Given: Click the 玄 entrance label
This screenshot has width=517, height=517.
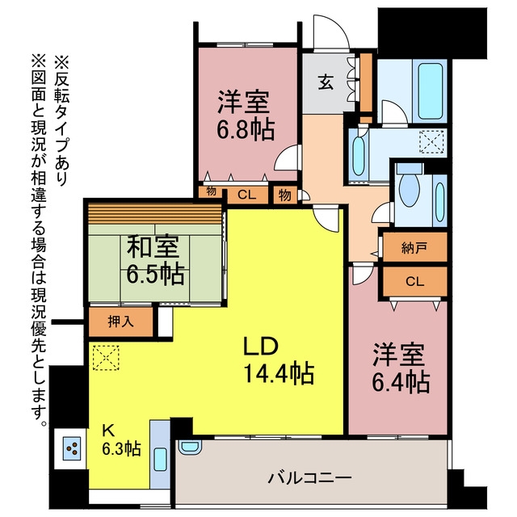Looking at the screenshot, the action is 326,82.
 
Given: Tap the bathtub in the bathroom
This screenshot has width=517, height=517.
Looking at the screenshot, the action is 430,91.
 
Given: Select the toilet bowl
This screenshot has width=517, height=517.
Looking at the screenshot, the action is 410,189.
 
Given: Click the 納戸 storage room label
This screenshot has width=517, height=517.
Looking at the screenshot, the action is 414,247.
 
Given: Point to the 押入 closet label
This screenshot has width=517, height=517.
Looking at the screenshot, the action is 121,322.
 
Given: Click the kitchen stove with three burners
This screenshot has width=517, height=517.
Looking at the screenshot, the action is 72,448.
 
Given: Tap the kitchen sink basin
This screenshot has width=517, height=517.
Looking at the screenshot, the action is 160,460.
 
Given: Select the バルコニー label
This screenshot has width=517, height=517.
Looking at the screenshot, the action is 309,477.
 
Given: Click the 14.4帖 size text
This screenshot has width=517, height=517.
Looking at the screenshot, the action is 279,373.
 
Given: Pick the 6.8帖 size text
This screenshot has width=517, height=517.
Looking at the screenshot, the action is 246,129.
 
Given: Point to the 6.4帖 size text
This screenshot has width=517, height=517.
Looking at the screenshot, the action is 401,381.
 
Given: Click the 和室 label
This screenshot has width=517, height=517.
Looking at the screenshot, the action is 153,246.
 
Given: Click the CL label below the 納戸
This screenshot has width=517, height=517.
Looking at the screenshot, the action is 414,282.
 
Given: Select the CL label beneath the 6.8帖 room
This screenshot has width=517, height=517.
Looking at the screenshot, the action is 247,195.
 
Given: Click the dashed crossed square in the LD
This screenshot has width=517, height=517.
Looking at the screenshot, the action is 106,358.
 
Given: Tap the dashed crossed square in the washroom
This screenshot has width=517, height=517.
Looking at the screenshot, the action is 431,142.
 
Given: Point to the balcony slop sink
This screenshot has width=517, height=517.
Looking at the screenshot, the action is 189,447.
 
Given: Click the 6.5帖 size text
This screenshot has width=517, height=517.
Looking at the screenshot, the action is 155,275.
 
